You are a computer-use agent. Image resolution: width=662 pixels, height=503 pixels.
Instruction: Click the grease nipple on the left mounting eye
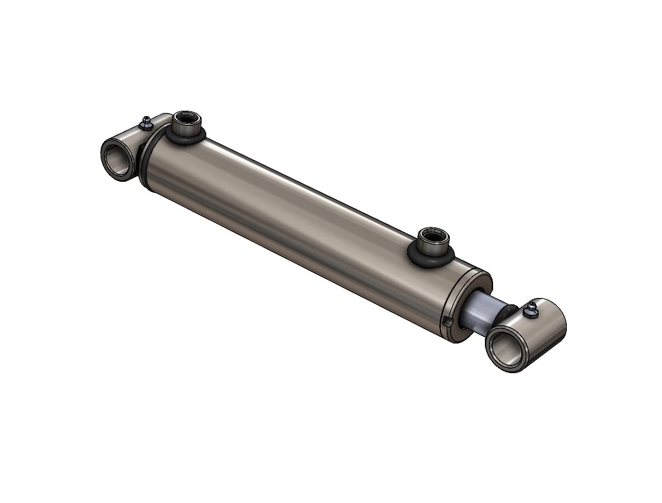pyautogui.click(x=147, y=123)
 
